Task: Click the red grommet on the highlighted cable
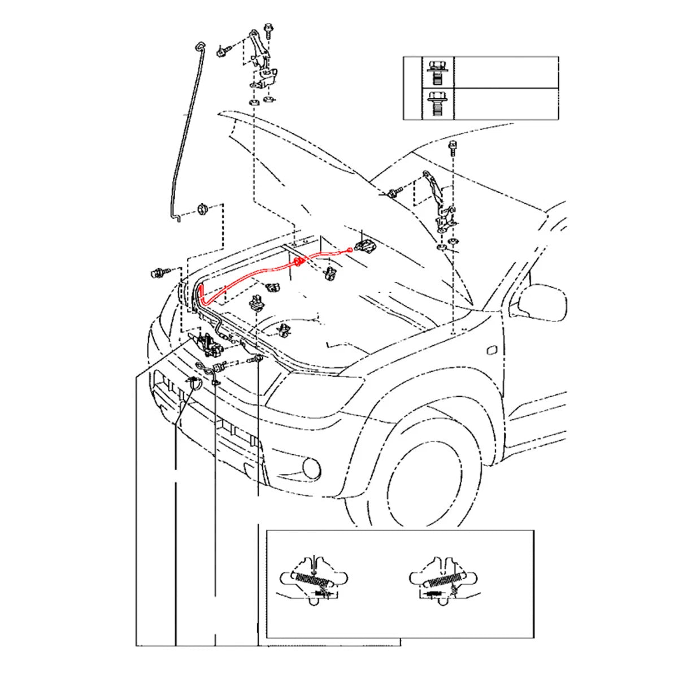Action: pos(298,263)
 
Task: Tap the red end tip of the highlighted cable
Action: pos(349,250)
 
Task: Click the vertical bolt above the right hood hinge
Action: pos(453,149)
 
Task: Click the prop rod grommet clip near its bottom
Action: pos(202,210)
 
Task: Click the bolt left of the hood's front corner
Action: pos(157,273)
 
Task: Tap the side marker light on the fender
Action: pos(493,350)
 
